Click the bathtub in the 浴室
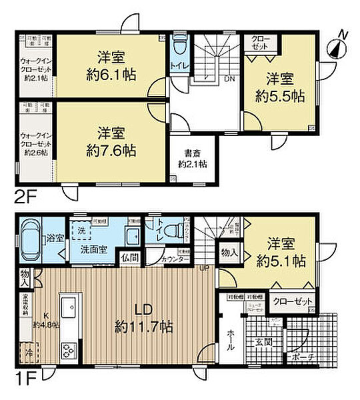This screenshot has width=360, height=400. [x=32, y=239]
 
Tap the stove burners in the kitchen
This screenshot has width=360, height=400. [x=69, y=350]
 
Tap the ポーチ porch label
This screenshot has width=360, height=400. [x=301, y=357]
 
